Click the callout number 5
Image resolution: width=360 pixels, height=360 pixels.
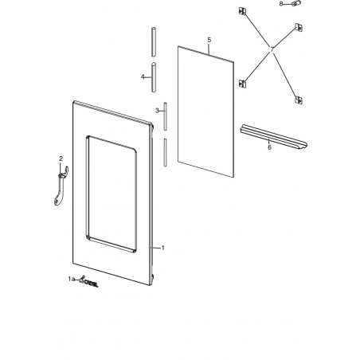tap(209, 40)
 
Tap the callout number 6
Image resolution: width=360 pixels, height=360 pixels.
tap(269, 147)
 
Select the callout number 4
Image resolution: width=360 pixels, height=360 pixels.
tap(143, 77)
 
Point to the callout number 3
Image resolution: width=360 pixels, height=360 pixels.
tap(157, 111)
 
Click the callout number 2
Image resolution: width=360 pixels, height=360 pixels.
tap(61, 158)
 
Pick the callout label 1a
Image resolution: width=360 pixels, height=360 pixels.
tap(70, 279)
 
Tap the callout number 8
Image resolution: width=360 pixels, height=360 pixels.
tap(281, 4)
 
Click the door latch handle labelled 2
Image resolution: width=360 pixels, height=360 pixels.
tap(61, 186)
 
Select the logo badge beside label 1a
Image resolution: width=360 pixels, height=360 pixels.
tap(88, 282)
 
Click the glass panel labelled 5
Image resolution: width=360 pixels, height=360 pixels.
tap(205, 112)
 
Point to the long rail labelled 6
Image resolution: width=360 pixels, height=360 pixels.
tap(273, 136)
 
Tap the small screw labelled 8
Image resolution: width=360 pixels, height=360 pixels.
tap(296, 3)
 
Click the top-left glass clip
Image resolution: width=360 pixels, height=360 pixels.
tap(242, 11)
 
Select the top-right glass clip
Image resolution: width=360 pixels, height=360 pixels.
tap(299, 27)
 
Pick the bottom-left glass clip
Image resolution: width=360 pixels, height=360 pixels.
tap(243, 84)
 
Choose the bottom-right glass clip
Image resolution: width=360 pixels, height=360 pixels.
tap(299, 100)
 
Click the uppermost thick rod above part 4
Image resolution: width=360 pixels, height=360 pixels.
tap(154, 41)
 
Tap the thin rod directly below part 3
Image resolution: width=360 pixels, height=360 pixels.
tap(165, 153)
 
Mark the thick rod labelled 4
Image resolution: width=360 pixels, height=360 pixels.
tap(154, 77)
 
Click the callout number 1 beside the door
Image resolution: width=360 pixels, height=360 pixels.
tap(163, 248)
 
